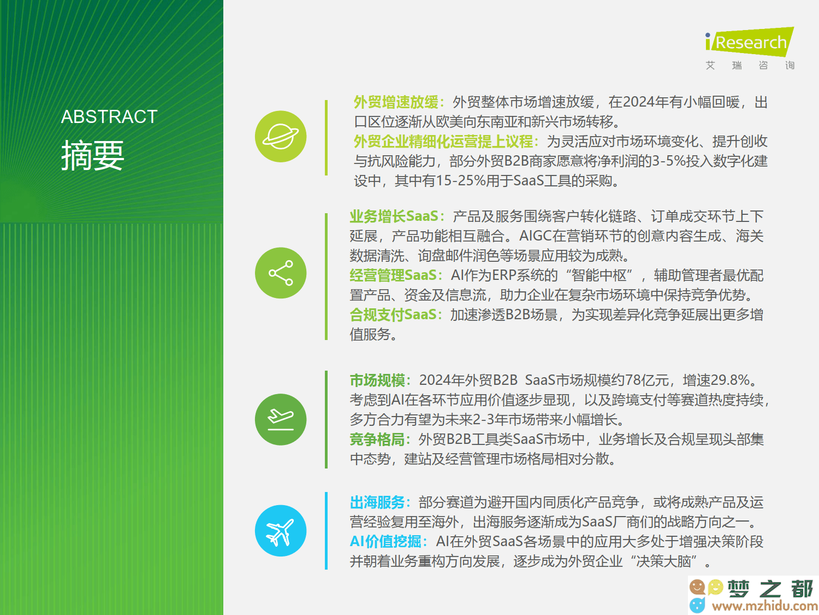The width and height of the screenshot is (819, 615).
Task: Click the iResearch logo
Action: [x=749, y=48]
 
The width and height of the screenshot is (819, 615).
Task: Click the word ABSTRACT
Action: [x=109, y=117]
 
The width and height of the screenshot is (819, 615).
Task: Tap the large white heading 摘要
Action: [x=92, y=155]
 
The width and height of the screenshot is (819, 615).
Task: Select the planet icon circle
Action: [x=281, y=136]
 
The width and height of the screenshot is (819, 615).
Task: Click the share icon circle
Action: [x=281, y=273]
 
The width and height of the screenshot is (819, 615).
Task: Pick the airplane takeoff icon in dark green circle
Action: [x=281, y=419]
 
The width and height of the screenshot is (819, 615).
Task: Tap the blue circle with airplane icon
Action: [x=281, y=531]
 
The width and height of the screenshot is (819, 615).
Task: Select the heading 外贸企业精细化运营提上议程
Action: [x=443, y=142]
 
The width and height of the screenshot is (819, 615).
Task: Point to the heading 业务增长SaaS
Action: [x=394, y=216]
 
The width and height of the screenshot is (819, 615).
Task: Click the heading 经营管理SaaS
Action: [x=393, y=275]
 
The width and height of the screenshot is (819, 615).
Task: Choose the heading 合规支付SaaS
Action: [x=393, y=315]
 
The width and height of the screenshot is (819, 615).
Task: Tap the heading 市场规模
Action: [x=377, y=380]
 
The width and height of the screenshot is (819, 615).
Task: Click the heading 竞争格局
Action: [x=377, y=440]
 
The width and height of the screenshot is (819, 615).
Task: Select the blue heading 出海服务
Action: [x=377, y=502]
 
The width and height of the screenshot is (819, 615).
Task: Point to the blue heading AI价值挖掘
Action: [x=385, y=541]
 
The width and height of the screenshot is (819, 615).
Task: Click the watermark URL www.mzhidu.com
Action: [x=765, y=606]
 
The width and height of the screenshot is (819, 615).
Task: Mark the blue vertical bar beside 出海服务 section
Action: [x=326, y=531]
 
